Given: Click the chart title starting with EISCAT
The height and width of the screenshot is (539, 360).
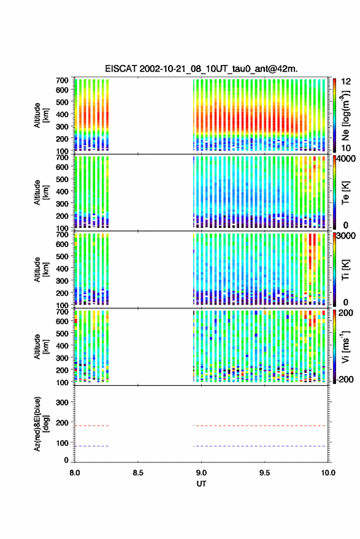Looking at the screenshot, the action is click(x=202, y=69).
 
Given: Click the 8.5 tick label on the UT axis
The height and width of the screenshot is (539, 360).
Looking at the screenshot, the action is click(x=138, y=473).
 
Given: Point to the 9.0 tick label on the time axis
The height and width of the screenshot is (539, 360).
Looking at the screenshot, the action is click(x=201, y=473).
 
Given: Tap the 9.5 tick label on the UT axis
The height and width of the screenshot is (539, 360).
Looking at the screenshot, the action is click(x=264, y=473).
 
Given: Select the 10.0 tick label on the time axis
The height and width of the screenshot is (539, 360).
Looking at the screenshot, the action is click(x=328, y=473).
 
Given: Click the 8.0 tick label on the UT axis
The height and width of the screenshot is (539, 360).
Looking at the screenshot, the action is click(x=75, y=473).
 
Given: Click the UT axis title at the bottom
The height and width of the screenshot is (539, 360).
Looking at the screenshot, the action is click(x=201, y=484).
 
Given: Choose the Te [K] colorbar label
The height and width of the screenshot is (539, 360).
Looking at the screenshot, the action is click(x=345, y=193).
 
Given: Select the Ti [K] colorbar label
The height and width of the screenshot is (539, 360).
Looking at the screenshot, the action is click(x=345, y=270).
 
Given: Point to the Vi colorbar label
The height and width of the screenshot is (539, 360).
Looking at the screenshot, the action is click(x=345, y=347).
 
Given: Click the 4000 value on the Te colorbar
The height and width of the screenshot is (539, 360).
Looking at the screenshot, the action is click(x=345, y=159).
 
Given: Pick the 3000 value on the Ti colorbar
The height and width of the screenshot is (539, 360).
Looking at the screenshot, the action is click(x=345, y=236).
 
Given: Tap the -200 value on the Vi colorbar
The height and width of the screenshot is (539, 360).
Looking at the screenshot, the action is click(x=345, y=380).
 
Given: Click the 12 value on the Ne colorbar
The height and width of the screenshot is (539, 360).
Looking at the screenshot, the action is click(x=347, y=82).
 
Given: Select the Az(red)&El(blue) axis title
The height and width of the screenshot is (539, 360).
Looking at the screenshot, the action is click(x=41, y=424).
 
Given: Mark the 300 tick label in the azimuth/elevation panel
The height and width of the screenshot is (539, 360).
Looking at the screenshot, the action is click(x=62, y=402).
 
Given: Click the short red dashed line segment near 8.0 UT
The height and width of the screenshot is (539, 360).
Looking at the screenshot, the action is click(x=92, y=426).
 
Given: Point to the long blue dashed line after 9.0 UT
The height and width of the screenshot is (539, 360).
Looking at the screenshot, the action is click(x=259, y=446).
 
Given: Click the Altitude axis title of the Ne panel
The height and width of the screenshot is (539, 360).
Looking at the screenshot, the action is click(x=41, y=115).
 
